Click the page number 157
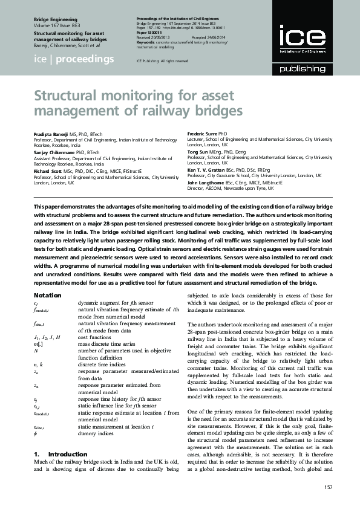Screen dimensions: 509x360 (329, 487)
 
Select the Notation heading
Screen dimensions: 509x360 (48, 295)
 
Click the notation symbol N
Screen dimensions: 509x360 (36, 350)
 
